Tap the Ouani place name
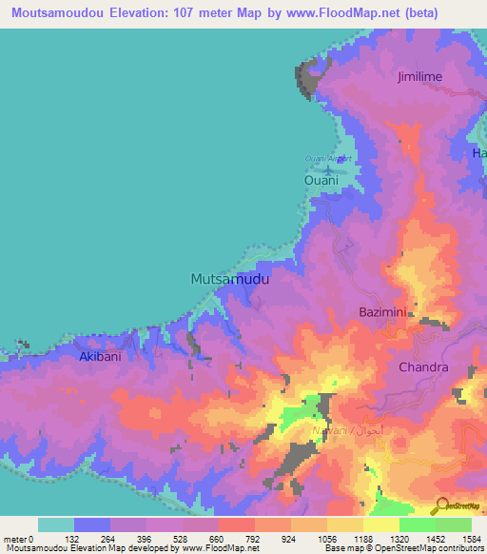(321, 180)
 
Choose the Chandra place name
(423, 367)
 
